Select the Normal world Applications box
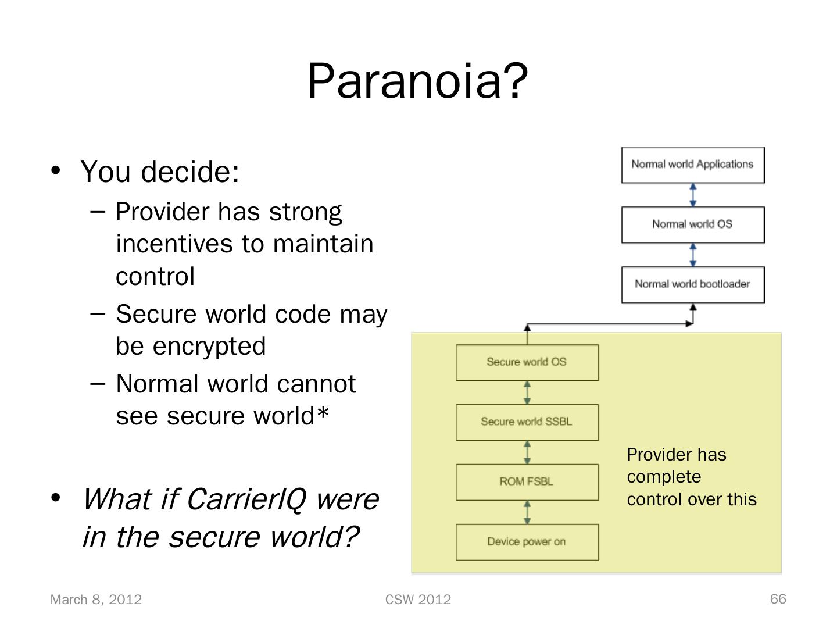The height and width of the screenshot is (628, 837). coord(692,165)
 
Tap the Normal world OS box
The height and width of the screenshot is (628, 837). coord(692,224)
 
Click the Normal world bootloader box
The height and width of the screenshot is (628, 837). coord(692,284)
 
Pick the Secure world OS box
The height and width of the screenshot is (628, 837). coord(527,362)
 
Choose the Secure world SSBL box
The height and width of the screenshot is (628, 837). coord(527,422)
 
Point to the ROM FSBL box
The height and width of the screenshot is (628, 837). coord(527,482)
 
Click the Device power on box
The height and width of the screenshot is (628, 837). coord(527,542)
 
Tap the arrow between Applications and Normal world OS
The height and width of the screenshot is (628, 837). coord(693,195)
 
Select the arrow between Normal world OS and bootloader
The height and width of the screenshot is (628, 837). coord(693,255)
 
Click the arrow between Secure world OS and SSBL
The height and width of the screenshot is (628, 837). coord(527,392)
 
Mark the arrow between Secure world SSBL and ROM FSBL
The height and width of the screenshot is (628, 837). coord(527,452)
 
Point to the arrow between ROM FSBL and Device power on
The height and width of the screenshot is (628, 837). coord(527,512)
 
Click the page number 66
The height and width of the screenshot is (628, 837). coord(778,599)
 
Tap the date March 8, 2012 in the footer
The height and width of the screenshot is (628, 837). coord(96,600)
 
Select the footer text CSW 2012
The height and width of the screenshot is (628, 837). coord(418,600)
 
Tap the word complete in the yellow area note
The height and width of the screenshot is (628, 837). coord(664,477)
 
